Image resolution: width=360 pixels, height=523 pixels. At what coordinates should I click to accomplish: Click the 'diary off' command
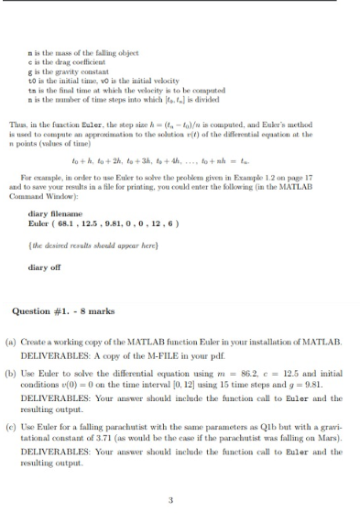tap(47, 268)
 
